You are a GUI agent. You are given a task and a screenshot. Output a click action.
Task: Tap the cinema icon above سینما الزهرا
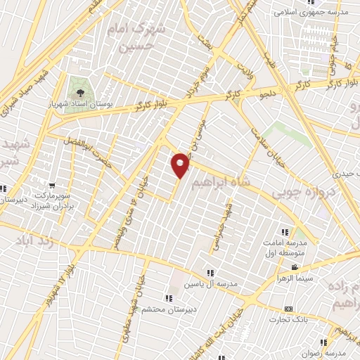[295, 267]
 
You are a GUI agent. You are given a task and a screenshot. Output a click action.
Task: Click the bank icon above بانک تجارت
[288, 309]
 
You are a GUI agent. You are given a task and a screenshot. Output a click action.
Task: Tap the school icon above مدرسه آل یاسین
[210, 273]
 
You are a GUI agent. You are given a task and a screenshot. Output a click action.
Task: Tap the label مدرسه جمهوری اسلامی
[309, 11]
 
